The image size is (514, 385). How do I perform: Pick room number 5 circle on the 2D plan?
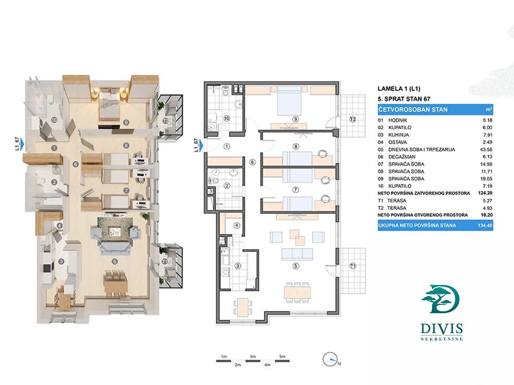point(296,266)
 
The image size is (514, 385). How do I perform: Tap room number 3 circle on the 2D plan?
point(237,266)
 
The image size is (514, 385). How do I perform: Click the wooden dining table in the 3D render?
point(115,281)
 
